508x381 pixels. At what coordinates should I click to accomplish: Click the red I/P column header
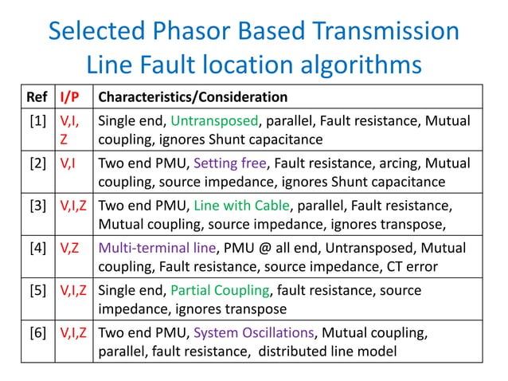(70, 98)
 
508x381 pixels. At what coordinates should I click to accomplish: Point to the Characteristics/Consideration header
(192, 98)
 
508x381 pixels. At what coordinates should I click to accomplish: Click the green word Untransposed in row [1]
(214, 121)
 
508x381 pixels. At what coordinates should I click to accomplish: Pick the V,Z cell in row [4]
(69, 246)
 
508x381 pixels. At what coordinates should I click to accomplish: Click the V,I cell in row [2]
(68, 163)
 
